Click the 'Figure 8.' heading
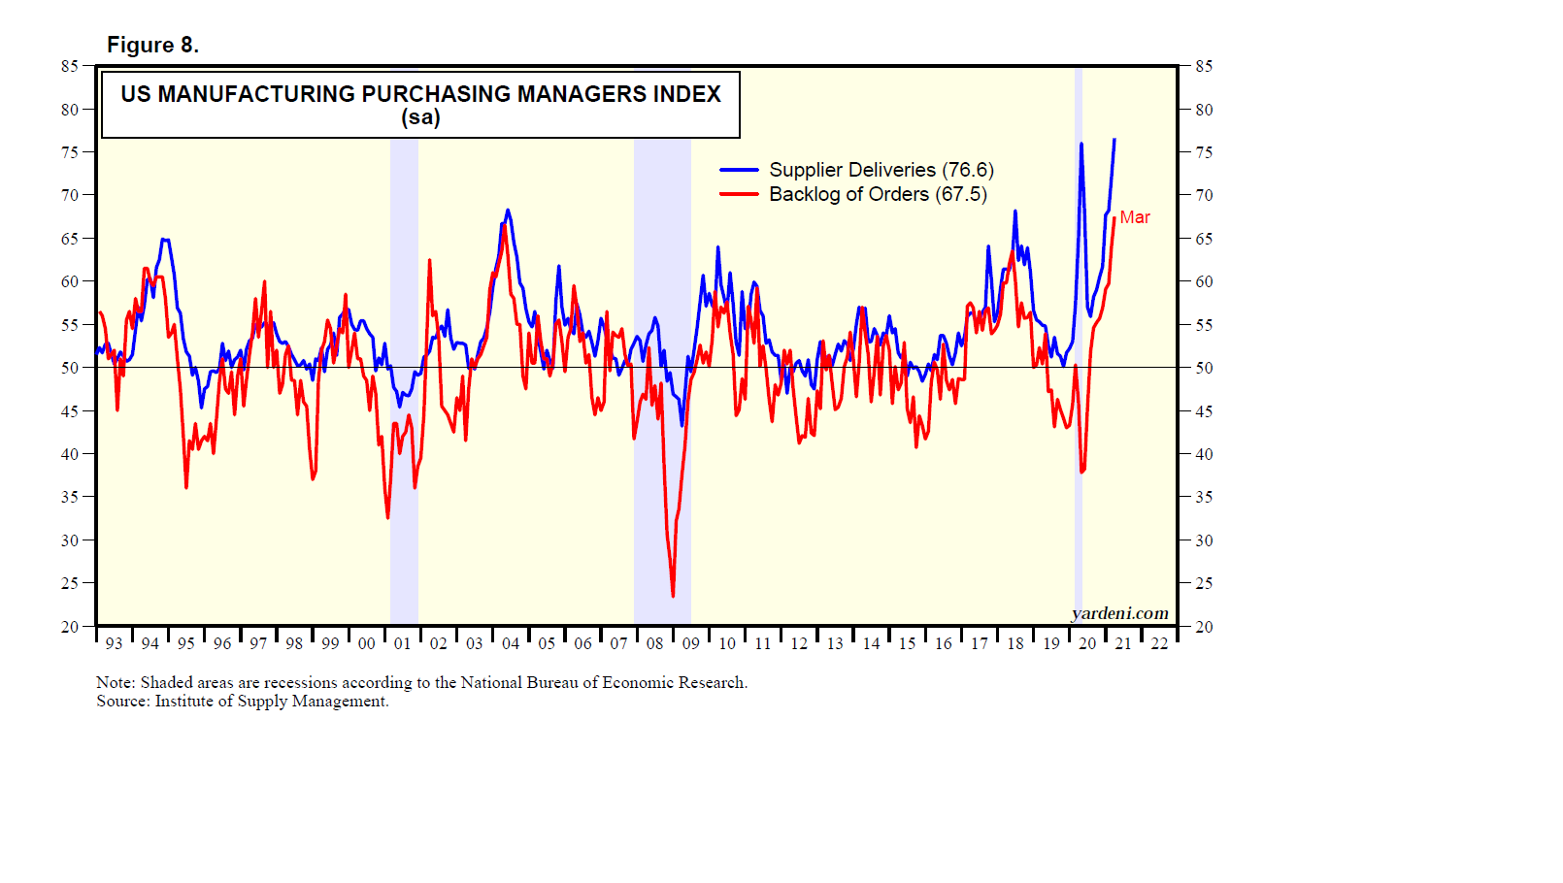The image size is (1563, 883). click(152, 46)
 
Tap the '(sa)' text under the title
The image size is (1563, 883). click(420, 118)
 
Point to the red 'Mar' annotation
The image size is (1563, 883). click(1135, 217)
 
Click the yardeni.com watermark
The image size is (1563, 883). click(1119, 613)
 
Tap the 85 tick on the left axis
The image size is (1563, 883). click(69, 66)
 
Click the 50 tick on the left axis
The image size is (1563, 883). click(69, 368)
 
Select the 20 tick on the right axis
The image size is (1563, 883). click(1204, 627)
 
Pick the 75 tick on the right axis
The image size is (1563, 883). click(1204, 152)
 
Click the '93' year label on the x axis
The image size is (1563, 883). click(114, 643)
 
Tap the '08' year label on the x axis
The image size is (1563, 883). click(654, 643)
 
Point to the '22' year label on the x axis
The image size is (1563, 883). click(1159, 643)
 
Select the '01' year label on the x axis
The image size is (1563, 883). click(402, 643)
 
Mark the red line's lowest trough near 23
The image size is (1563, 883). click(673, 595)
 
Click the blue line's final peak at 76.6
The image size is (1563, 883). click(1114, 140)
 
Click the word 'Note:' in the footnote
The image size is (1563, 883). click(116, 682)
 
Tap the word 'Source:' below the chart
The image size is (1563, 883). click(123, 701)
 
